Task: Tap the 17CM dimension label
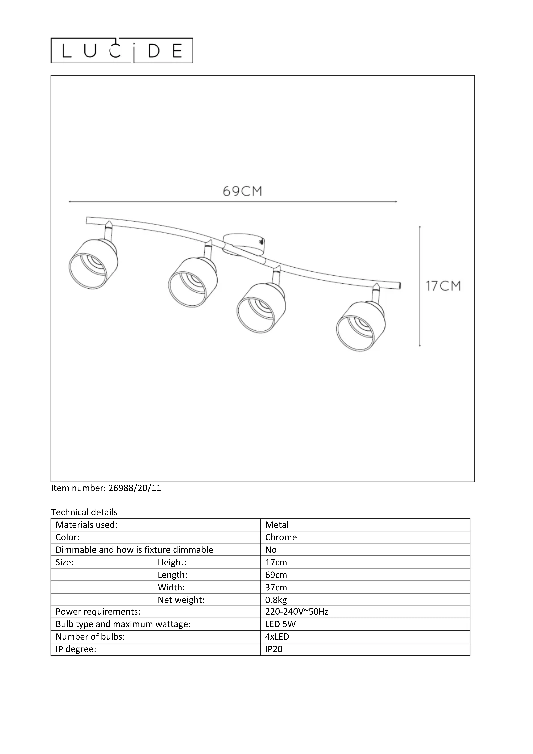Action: click(443, 286)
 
